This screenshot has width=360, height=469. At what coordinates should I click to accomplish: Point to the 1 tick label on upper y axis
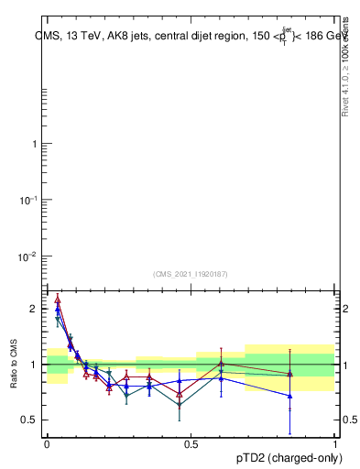pos(34,144)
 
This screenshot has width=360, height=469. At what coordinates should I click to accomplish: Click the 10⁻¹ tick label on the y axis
pos(29,200)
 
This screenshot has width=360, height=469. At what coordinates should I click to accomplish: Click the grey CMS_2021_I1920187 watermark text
pos(191,273)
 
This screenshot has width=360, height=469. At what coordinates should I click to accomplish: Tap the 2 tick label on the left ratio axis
pos(34,309)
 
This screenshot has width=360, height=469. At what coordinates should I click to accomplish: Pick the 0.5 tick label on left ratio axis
pos(29,420)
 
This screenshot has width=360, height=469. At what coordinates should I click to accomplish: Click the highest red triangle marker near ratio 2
pos(58,299)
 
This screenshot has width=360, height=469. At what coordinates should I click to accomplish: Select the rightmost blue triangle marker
pos(290,396)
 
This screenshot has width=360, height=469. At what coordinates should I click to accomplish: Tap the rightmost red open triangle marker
pos(290,374)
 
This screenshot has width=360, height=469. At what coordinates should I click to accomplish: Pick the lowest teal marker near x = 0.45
pos(180,404)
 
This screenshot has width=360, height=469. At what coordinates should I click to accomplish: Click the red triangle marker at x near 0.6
pos(221,364)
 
